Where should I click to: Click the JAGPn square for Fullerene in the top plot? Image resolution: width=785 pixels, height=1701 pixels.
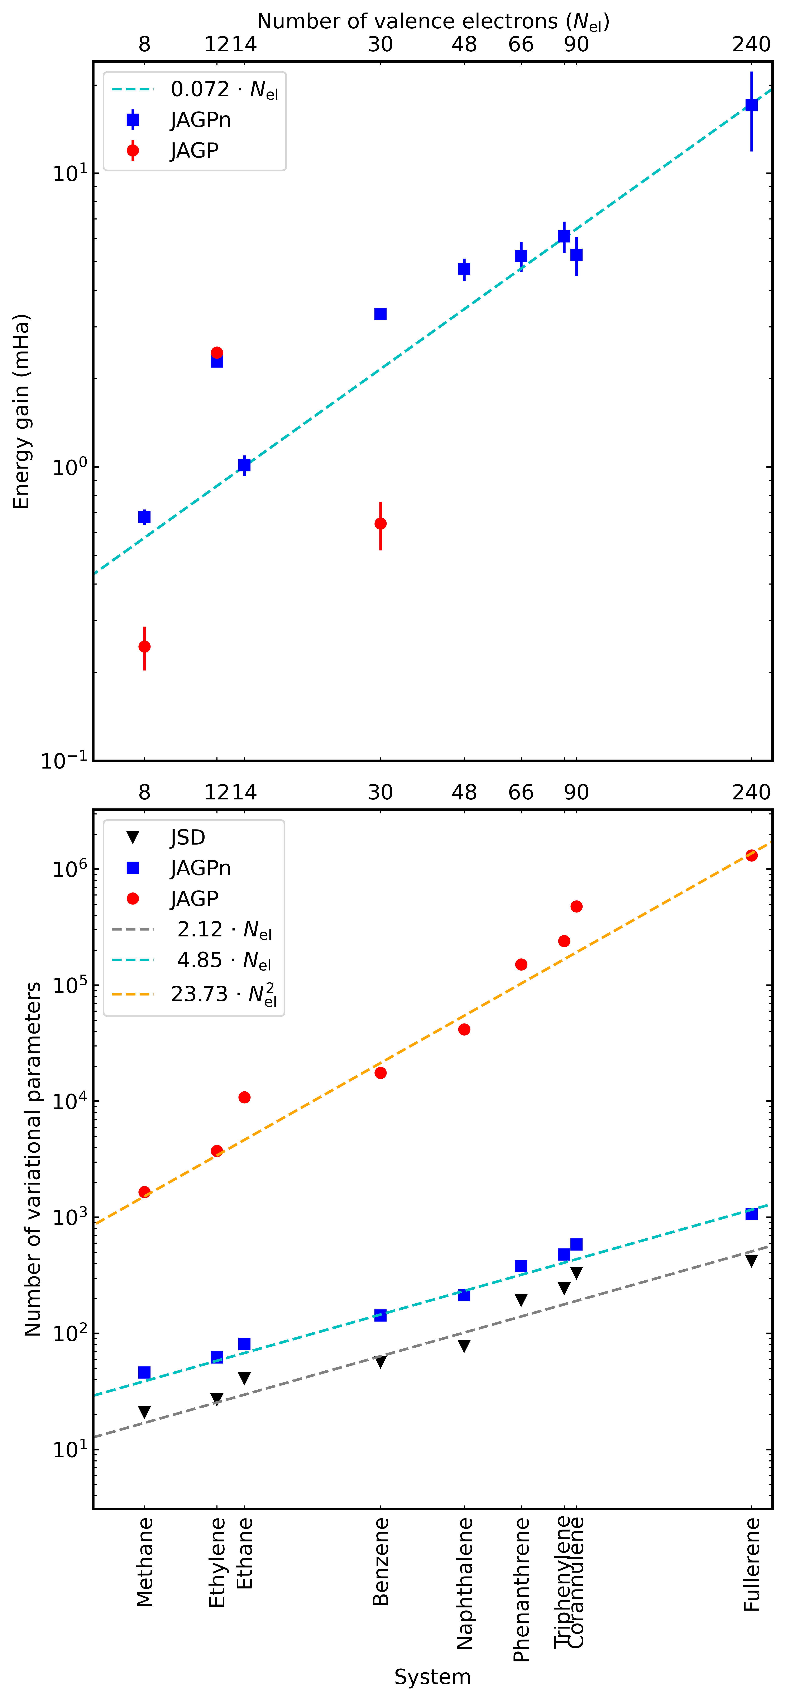point(751,105)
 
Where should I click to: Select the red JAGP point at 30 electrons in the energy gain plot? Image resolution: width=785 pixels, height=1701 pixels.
point(380,524)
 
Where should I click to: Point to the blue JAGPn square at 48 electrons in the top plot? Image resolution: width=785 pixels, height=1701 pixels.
point(464,269)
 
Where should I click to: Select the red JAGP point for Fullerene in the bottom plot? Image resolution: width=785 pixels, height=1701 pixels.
point(751,855)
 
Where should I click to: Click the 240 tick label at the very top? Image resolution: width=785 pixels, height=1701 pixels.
point(751,44)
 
